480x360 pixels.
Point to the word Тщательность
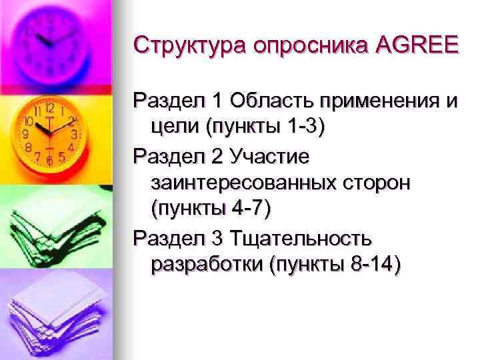click(301, 238)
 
